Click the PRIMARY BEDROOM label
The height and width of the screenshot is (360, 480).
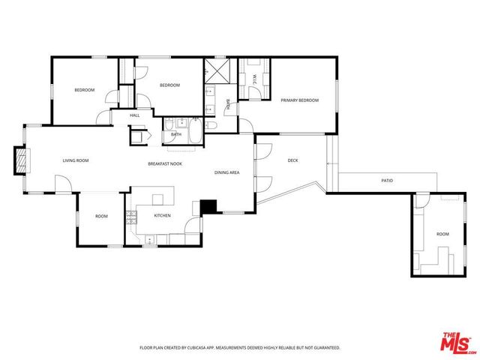pos(299,100)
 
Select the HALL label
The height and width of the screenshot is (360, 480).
pos(135,115)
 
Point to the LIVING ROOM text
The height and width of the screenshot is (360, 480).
pos(76,160)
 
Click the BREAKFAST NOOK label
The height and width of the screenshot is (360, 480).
pos(164,163)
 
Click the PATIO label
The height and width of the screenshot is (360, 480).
pos(387,181)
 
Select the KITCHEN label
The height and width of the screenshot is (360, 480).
pos(162,215)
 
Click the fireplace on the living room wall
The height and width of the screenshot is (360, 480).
pos(22,159)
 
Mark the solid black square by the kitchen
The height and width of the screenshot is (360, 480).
pos(208,206)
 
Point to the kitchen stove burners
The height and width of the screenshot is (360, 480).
pos(131,218)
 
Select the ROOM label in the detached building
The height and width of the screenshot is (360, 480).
pos(442,234)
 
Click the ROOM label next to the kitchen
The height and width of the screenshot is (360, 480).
pos(101,216)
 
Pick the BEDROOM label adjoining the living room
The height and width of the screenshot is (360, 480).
pos(84,90)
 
